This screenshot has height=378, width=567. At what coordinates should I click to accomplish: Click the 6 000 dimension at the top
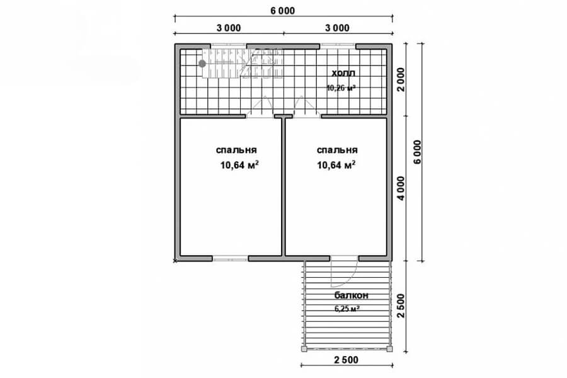click(282, 11)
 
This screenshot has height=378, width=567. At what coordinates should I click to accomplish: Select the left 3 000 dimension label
click(229, 28)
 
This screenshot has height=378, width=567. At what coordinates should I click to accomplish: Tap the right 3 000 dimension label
click(337, 28)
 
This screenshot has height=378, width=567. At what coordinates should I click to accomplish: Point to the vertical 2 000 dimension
click(401, 79)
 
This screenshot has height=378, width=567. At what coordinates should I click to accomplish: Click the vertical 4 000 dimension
click(401, 188)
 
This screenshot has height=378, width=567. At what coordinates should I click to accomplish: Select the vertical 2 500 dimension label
click(401, 306)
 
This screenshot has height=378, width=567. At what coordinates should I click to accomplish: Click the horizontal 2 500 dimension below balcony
click(346, 360)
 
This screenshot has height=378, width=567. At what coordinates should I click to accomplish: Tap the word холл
click(343, 73)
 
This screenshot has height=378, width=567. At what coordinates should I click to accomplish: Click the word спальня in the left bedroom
click(236, 150)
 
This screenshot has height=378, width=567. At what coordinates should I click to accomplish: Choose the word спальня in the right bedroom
click(338, 150)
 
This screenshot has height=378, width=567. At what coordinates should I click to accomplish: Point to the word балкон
click(351, 295)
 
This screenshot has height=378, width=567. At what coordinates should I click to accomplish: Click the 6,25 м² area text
click(346, 309)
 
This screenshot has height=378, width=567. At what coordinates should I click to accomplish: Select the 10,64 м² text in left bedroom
click(239, 165)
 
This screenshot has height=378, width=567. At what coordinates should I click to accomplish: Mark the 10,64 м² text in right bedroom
click(336, 165)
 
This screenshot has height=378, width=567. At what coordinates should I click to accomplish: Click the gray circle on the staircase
click(202, 64)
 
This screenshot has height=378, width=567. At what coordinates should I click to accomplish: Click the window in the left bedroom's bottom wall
click(231, 259)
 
